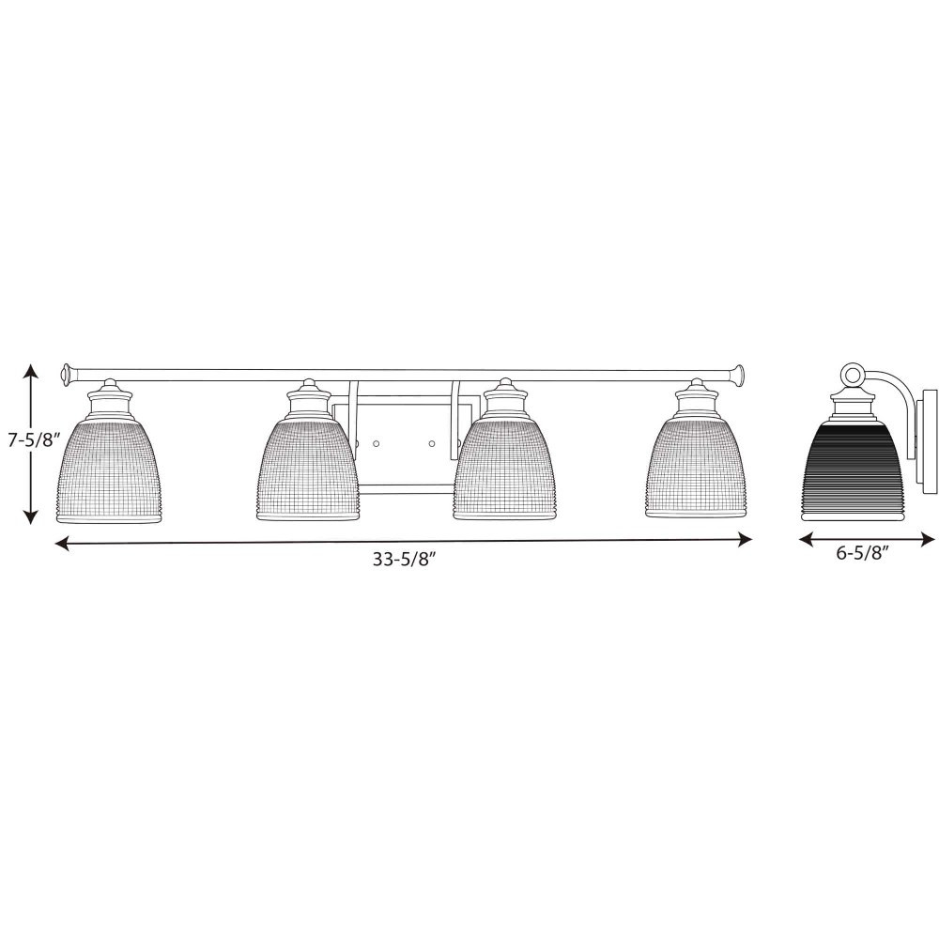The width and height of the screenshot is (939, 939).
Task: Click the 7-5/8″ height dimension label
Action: click(x=33, y=441)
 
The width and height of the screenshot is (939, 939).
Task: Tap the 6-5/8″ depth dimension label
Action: click(x=862, y=553)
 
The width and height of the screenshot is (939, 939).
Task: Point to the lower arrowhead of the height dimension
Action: click(x=31, y=515)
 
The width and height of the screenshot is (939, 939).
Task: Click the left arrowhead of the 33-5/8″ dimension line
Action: click(x=63, y=543)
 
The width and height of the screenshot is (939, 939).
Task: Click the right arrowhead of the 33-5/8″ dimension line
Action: click(x=744, y=540)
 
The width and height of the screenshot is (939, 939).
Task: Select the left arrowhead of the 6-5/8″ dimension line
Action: click(x=808, y=540)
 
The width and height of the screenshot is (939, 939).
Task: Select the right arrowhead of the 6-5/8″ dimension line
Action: click(x=927, y=540)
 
